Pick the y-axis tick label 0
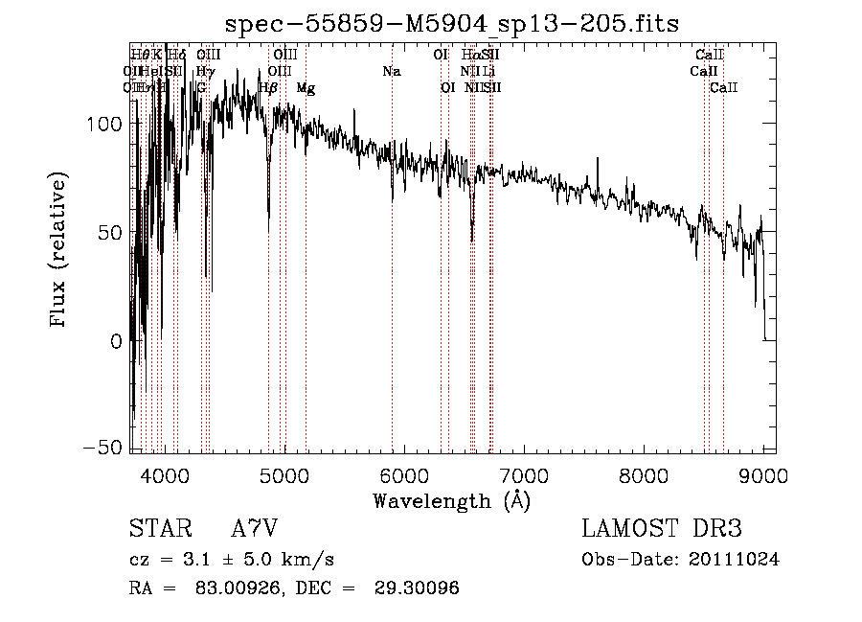pyautogui.click(x=115, y=340)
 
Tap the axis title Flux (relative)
pyautogui.click(x=59, y=251)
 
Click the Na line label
pyautogui.click(x=391, y=72)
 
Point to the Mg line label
pyautogui.click(x=306, y=88)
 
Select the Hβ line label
pyautogui.click(x=268, y=88)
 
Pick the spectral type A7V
pyautogui.click(x=255, y=529)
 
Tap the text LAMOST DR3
pyautogui.click(x=662, y=529)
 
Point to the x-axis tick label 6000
pyautogui.click(x=403, y=474)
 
